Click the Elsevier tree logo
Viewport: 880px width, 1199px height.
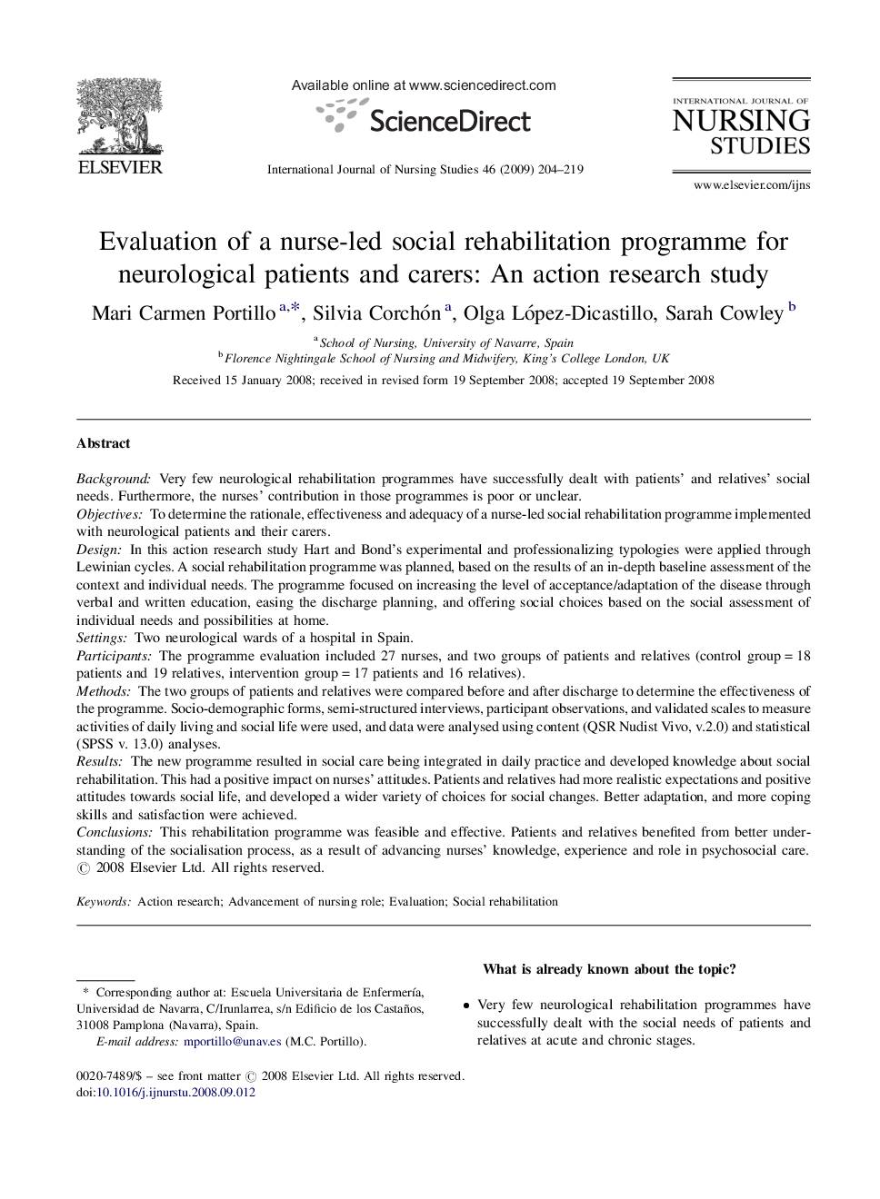(x=118, y=118)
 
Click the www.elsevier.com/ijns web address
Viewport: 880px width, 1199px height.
(x=751, y=185)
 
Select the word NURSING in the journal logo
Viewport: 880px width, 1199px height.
(x=741, y=121)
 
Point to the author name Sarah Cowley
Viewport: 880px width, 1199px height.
(x=724, y=313)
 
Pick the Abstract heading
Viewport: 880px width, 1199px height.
(x=103, y=443)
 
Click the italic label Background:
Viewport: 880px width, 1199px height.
(x=114, y=479)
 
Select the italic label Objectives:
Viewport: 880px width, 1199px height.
(x=109, y=514)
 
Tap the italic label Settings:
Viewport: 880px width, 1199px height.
(x=101, y=638)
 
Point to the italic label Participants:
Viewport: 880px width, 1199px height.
(x=114, y=656)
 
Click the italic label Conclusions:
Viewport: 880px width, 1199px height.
(x=115, y=832)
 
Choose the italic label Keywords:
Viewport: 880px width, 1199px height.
(x=104, y=902)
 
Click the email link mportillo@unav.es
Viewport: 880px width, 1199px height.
(x=232, y=1042)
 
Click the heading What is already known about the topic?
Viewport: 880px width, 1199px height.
(x=609, y=969)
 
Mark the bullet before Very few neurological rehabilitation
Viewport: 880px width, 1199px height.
(x=466, y=1006)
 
